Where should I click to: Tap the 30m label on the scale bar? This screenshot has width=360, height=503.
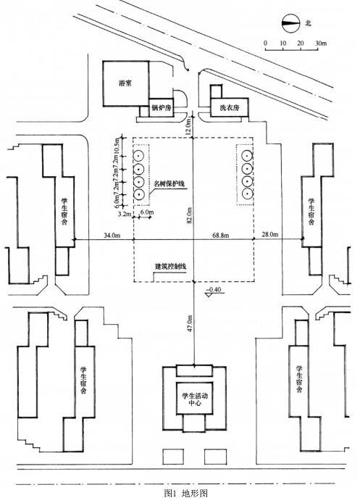tap(321, 43)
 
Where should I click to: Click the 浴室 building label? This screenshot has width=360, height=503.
tap(125, 84)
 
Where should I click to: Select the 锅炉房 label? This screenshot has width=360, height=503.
tap(161, 108)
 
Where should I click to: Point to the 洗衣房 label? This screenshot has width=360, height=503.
tap(230, 108)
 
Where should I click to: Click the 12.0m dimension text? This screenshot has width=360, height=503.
tap(188, 126)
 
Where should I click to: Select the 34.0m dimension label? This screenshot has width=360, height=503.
tap(112, 236)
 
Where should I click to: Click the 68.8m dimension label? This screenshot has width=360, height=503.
tap(221, 236)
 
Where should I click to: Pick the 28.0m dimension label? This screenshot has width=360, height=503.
tap(270, 235)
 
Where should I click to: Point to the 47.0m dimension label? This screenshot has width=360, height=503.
tap(190, 323)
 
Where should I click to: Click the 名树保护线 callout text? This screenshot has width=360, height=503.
tap(168, 183)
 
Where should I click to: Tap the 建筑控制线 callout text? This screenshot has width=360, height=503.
tap(170, 266)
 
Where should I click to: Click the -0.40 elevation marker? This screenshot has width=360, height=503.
tap(214, 291)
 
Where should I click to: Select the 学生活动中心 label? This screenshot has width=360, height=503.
tap(195, 399)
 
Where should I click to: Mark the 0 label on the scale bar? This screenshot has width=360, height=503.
tap(265, 43)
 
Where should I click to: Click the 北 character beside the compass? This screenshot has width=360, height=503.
tap(309, 23)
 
